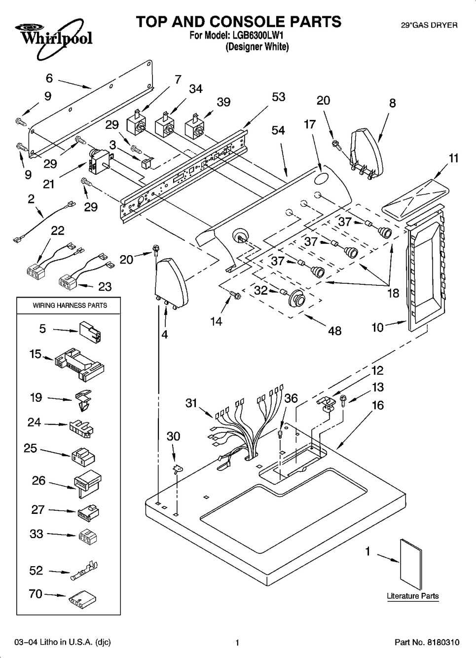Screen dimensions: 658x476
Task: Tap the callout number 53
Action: point(278,97)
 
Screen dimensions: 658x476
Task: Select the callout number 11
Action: point(453,158)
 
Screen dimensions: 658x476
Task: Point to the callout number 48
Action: point(334,330)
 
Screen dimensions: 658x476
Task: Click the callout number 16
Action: point(377,405)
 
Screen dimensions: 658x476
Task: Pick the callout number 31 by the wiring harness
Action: point(191,403)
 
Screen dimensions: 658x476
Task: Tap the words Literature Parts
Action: point(412,596)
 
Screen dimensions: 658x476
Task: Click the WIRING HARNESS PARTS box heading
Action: point(70,305)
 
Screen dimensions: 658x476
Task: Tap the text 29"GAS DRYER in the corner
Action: point(429,25)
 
